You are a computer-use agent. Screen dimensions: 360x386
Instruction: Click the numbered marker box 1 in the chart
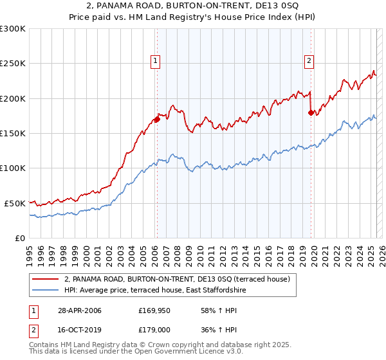coord(156,61)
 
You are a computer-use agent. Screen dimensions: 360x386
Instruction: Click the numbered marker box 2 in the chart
coord(309,61)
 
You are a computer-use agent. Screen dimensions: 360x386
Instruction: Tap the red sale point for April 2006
coord(156,119)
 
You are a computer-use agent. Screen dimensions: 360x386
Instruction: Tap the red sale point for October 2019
coord(311,113)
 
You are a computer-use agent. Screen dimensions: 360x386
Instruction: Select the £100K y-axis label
coord(13,168)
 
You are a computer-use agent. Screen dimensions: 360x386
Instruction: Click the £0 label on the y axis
coord(19,238)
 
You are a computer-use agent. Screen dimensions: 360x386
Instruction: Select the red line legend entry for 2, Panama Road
coord(177,279)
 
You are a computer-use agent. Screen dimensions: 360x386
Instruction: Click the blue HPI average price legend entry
coord(155,291)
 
